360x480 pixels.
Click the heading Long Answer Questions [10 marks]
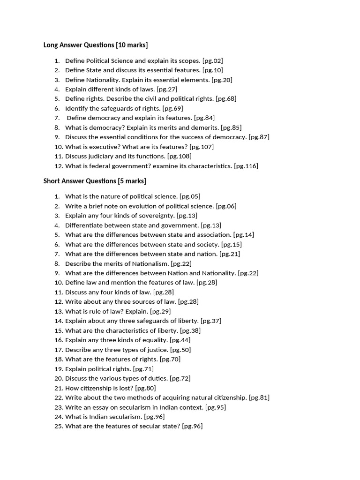[96, 45]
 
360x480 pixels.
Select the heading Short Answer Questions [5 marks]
[95, 181]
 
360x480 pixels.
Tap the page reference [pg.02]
[212, 60]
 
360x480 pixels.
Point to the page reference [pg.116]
[246, 166]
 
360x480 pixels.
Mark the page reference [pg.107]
[202, 147]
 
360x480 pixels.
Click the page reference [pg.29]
[160, 311]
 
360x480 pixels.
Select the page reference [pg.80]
[145, 388]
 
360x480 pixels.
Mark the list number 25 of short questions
[58, 426]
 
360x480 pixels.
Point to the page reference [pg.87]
[259, 137]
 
